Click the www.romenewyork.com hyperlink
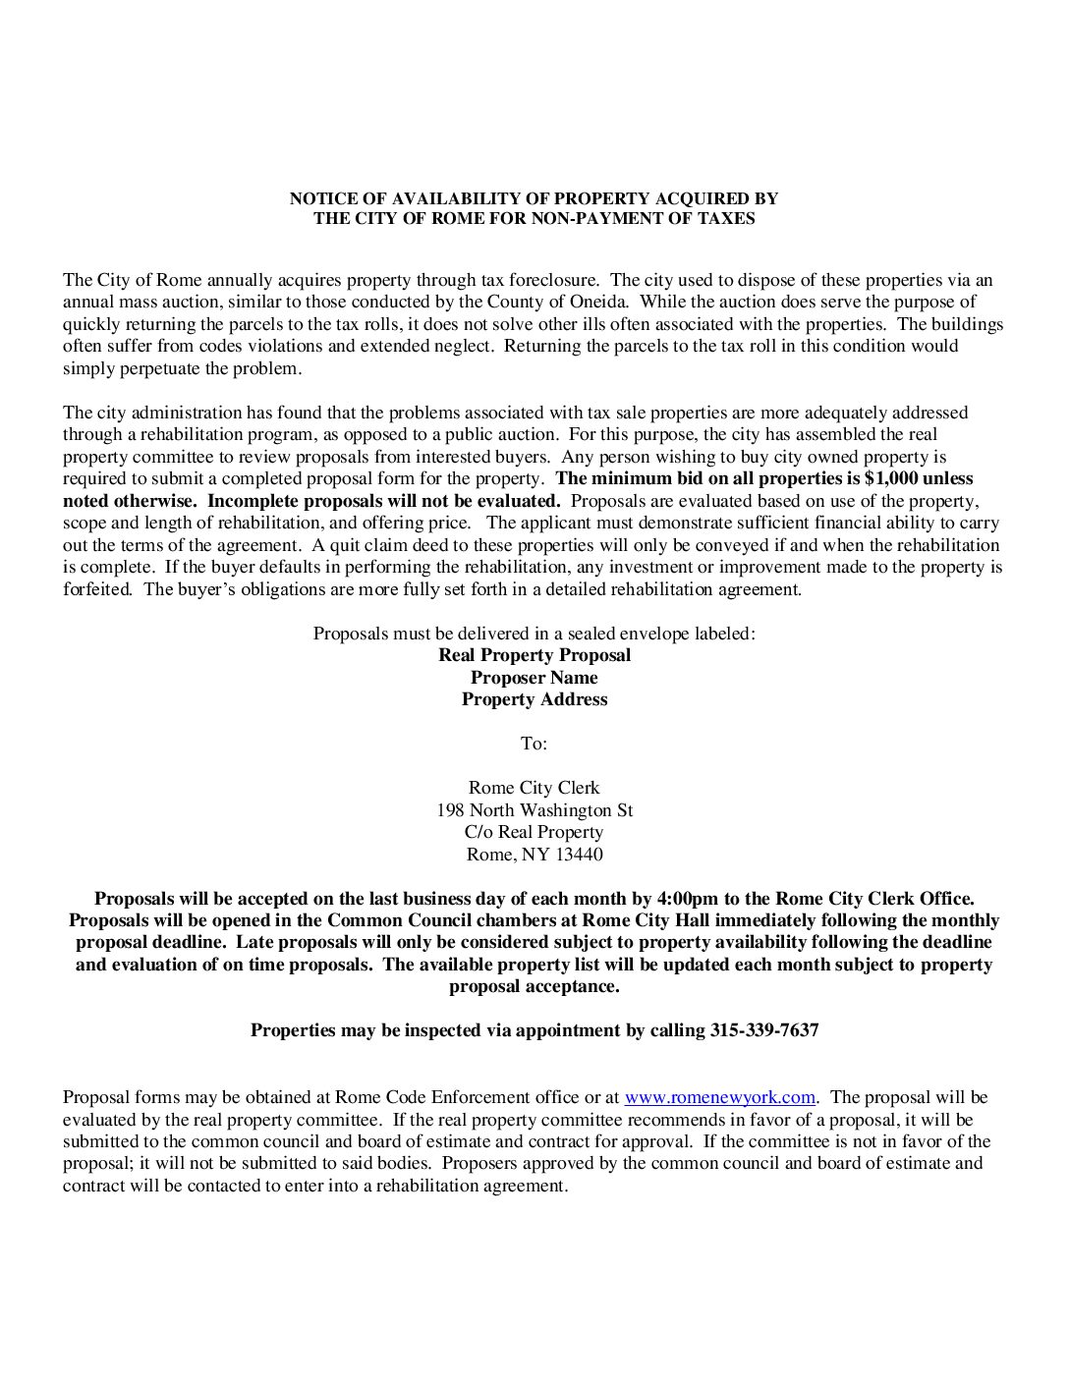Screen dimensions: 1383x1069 click(x=719, y=1097)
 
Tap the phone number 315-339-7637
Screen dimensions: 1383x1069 click(x=763, y=1030)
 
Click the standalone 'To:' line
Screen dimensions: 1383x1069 click(x=534, y=744)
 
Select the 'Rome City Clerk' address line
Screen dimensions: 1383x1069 click(x=534, y=788)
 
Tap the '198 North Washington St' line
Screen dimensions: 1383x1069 click(x=534, y=810)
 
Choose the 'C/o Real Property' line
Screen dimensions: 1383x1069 click(x=534, y=832)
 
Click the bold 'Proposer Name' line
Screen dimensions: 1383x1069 click(x=534, y=678)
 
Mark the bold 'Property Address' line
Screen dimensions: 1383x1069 click(x=534, y=699)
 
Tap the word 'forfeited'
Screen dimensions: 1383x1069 click(x=96, y=589)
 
